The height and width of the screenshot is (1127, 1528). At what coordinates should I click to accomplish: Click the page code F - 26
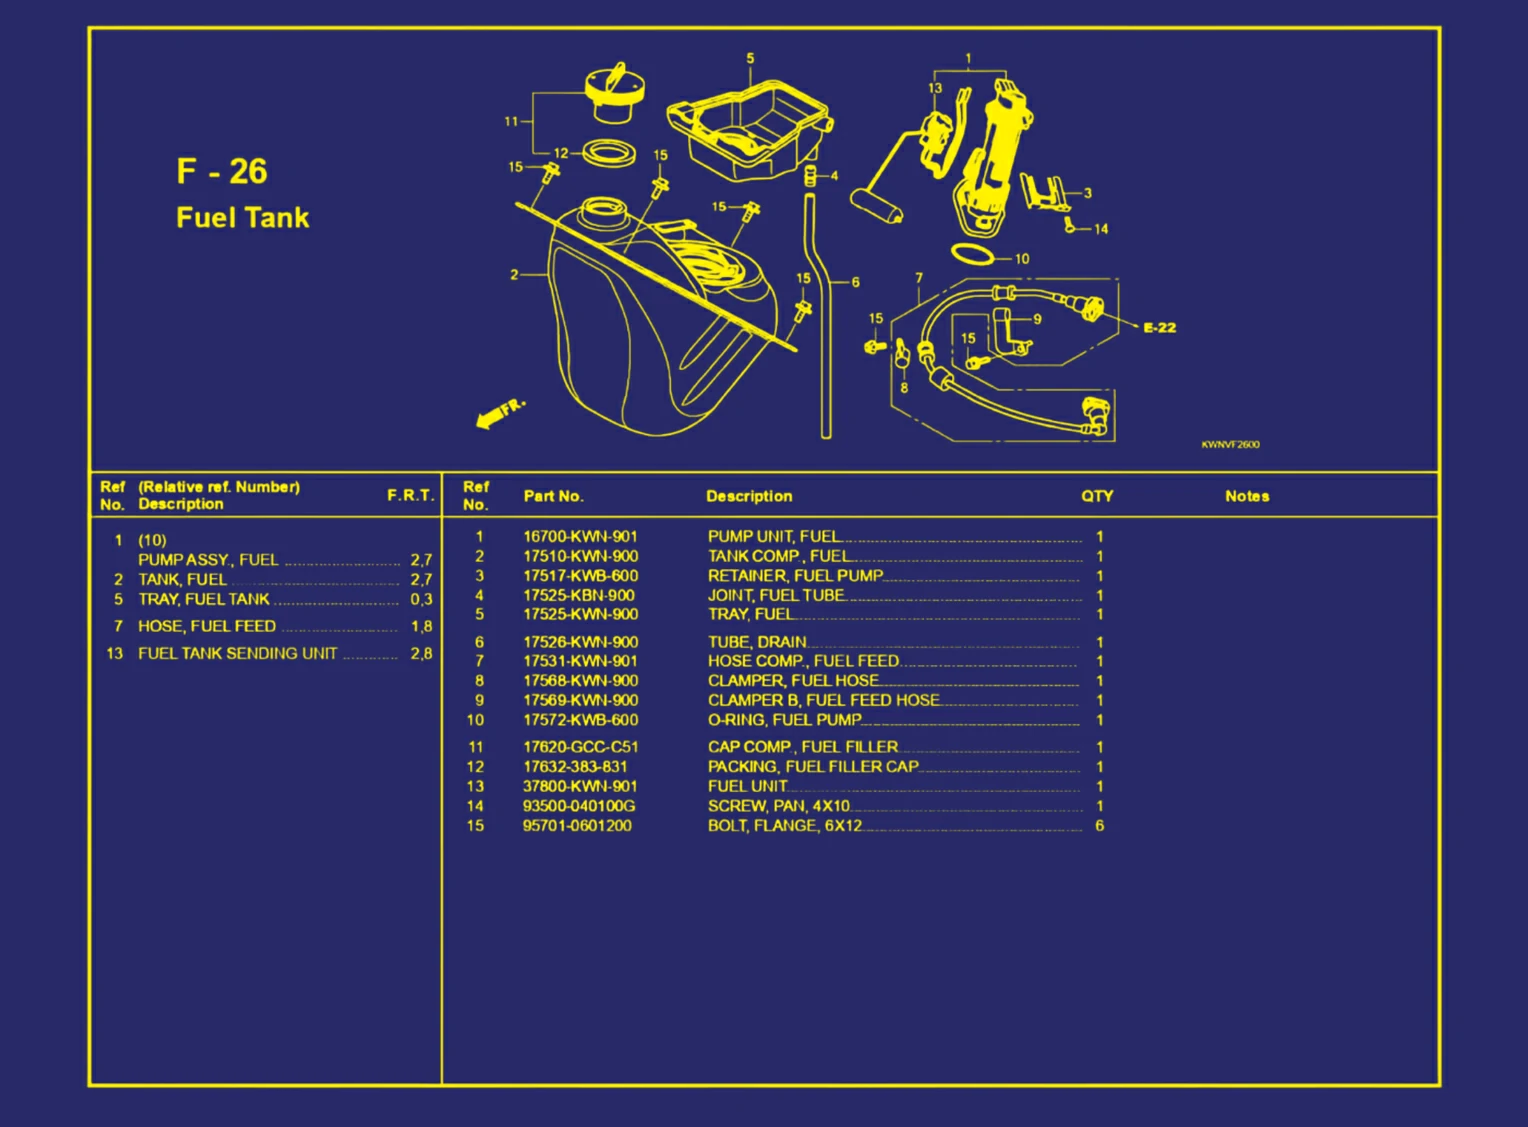[221, 171]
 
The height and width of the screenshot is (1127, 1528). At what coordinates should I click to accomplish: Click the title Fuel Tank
[242, 218]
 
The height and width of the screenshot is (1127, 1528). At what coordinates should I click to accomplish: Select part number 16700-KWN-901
[580, 537]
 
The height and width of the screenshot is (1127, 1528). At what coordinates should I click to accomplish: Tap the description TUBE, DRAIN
[757, 642]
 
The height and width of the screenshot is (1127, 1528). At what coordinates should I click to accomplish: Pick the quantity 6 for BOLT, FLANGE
[1099, 826]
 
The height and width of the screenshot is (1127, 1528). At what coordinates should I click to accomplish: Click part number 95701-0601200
[577, 826]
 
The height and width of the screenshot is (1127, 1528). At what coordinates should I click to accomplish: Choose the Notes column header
[1246, 496]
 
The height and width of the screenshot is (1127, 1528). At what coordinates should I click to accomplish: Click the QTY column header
[1097, 496]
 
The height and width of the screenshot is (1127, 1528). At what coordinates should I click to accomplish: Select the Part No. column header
[553, 496]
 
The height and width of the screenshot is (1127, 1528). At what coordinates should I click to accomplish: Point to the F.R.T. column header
[410, 495]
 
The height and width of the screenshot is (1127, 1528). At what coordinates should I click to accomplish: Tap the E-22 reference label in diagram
[1159, 328]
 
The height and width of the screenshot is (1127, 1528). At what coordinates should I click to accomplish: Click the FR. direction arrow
[499, 413]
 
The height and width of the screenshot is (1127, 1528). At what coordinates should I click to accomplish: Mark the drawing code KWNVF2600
[1230, 445]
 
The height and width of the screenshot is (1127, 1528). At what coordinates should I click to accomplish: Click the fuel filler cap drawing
[614, 92]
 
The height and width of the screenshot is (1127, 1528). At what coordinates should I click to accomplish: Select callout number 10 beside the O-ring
[1021, 259]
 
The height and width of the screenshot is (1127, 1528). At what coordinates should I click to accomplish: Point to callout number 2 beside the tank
[514, 274]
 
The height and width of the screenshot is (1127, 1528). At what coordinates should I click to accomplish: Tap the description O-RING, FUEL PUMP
[784, 720]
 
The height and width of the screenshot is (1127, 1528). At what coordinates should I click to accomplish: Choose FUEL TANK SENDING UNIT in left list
[237, 654]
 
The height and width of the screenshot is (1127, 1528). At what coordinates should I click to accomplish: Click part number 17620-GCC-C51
[580, 747]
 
